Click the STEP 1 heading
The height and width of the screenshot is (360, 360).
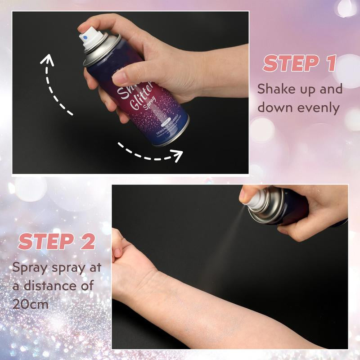point(300,63)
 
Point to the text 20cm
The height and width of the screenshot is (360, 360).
point(31,304)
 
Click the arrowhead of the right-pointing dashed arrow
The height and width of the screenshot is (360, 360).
point(178,157)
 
